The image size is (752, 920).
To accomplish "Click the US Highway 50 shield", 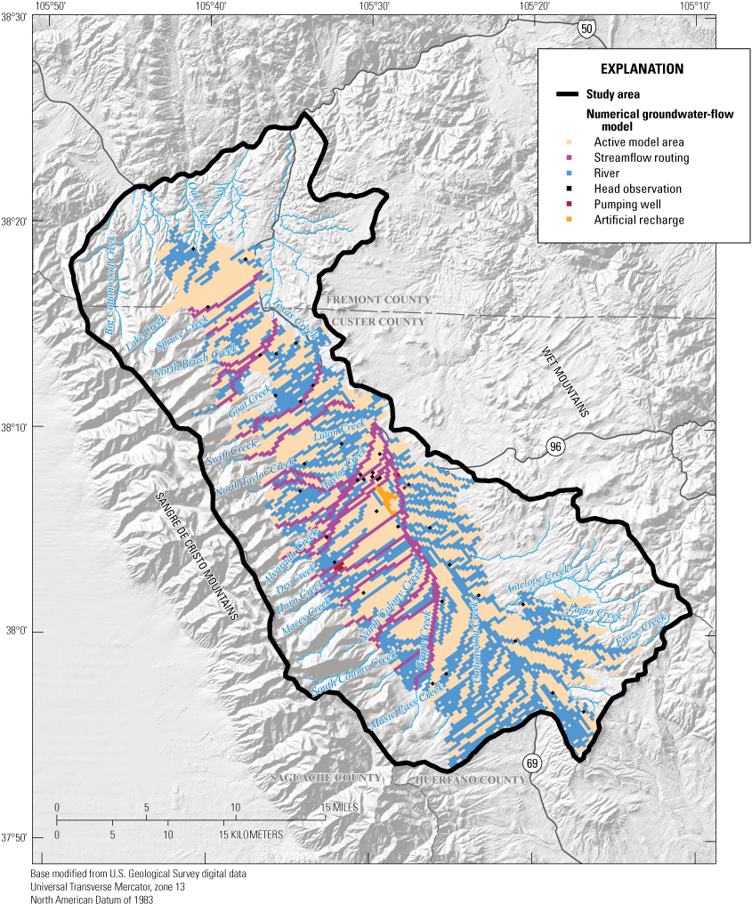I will [x=585, y=29].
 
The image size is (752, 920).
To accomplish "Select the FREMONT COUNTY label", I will [x=376, y=300].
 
